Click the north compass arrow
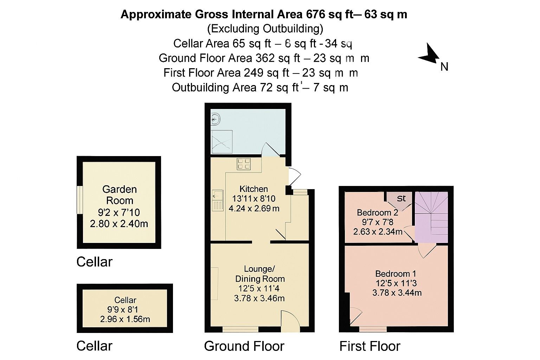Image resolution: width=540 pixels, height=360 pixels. [x=429, y=55]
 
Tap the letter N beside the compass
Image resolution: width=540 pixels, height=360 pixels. [x=444, y=66]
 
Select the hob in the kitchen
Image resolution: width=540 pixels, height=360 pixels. [x=244, y=164]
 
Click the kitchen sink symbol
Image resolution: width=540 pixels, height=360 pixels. [x=217, y=200]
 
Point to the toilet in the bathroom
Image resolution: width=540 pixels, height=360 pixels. [x=215, y=119]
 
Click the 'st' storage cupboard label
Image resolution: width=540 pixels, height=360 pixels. [x=401, y=199]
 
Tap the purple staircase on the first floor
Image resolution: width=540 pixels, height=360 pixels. [x=431, y=216]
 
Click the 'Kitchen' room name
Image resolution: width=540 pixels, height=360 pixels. [x=253, y=189]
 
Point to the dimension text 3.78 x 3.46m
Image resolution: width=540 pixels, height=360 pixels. [x=259, y=298]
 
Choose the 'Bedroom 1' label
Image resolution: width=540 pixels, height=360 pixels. [x=396, y=274]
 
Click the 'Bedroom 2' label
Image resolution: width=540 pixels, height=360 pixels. [x=377, y=212]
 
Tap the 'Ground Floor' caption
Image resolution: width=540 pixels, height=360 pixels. [x=244, y=346]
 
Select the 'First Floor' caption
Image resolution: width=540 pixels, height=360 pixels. [x=369, y=346]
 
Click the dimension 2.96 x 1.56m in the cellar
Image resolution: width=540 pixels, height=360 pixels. [x=125, y=319]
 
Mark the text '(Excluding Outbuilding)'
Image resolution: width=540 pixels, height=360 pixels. [x=265, y=28]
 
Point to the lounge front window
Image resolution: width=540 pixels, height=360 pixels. [x=240, y=329]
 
